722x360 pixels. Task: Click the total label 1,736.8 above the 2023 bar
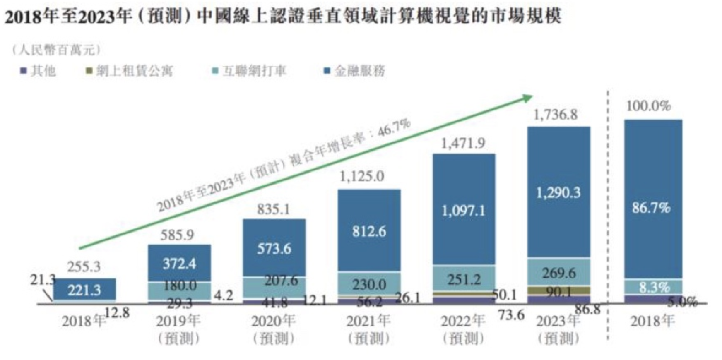click(555, 115)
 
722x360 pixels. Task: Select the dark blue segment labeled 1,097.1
click(464, 211)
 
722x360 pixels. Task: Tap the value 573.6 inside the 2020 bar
click(274, 248)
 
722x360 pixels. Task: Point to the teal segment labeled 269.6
click(558, 273)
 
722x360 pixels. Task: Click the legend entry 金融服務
click(355, 71)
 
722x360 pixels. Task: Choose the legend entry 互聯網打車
click(250, 71)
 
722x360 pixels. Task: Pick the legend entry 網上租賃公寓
click(130, 71)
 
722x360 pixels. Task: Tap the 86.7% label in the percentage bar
click(651, 207)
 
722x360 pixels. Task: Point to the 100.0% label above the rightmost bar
click(648, 106)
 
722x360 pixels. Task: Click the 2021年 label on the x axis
click(368, 321)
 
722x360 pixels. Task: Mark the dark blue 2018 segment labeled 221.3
click(84, 290)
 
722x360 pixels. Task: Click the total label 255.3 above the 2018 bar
click(84, 266)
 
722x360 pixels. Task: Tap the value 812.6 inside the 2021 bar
click(369, 231)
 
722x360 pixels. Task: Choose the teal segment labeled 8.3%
click(653, 287)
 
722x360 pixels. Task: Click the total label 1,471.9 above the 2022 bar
click(463, 143)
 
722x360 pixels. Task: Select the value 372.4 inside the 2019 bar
click(179, 263)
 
